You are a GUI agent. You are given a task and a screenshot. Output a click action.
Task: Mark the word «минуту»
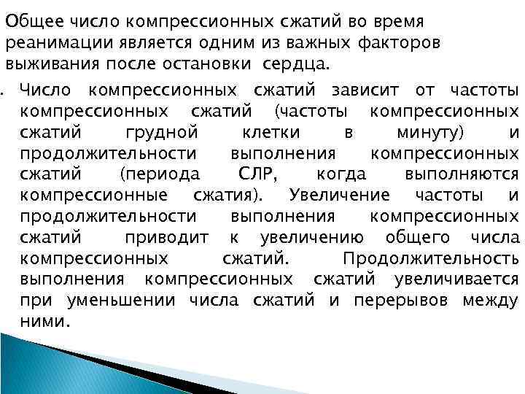point(433,133)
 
